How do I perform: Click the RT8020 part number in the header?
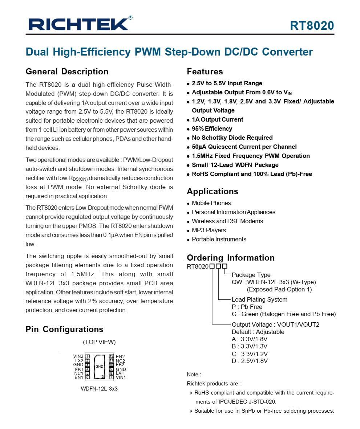coord(312,26)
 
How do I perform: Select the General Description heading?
coord(67,71)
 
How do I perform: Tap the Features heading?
coord(205,71)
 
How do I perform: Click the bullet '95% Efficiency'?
coord(212,128)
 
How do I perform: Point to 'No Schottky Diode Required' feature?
coord(232,138)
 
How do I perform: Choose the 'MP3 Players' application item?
coord(209,230)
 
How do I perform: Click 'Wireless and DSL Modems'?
coord(227,221)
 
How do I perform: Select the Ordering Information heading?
coord(231,258)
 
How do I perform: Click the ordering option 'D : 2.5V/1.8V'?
coord(250,361)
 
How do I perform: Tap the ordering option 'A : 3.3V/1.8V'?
coord(250,339)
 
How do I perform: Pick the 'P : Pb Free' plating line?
coord(247,307)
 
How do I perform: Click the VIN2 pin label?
coord(78,356)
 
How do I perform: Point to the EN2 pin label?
coord(120,357)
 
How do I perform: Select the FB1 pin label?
coord(79,369)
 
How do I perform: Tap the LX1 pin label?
coord(120,373)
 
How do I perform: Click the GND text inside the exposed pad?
coord(100,367)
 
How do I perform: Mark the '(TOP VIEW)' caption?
coord(99,342)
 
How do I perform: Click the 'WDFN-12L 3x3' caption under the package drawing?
coord(99,389)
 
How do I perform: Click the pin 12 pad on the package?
coord(111,356)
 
